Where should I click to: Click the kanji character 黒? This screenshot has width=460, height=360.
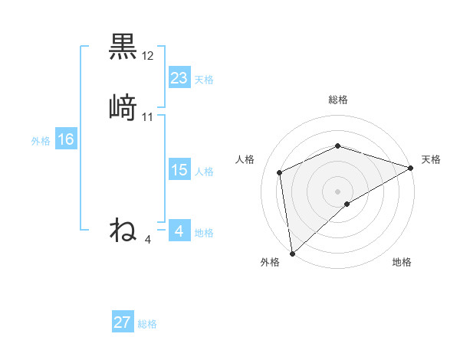[123, 47]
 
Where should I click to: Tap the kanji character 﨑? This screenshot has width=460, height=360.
[123, 107]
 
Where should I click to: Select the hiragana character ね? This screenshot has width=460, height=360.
[123, 230]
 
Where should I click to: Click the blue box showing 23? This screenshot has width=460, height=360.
[179, 77]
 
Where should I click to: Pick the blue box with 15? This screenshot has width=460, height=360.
[179, 170]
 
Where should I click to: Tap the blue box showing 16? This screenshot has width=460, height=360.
[66, 139]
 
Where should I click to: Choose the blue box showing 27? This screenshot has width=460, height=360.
[123, 322]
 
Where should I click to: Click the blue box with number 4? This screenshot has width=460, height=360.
[179, 231]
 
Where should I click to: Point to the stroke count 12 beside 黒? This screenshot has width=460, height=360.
[148, 56]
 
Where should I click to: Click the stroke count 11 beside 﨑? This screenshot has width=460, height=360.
[148, 117]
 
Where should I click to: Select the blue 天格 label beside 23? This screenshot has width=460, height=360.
[204, 79]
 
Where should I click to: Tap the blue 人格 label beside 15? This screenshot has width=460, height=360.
[204, 172]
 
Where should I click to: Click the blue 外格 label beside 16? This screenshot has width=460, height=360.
[41, 141]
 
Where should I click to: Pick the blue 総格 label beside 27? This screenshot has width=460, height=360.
[147, 324]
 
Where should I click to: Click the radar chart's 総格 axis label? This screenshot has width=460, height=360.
[338, 100]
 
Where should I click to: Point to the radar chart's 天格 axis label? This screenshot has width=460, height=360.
[431, 159]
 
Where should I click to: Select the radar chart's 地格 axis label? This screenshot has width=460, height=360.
[402, 262]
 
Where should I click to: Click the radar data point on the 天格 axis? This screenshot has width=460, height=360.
[411, 168]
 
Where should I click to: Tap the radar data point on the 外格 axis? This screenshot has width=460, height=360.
[291, 253]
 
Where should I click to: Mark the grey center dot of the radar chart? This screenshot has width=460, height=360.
[338, 191]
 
